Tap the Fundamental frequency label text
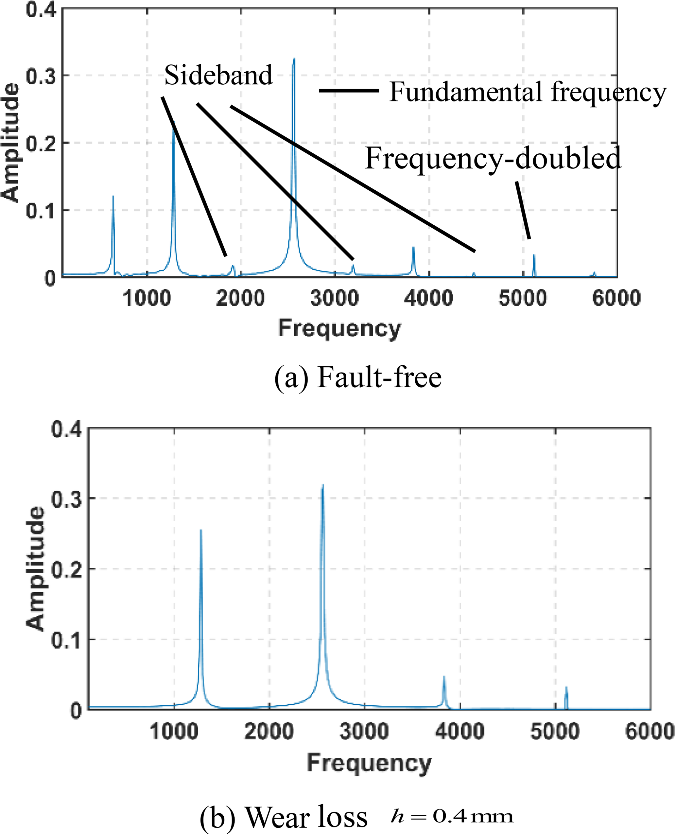(528, 93)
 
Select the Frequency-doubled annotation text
(493, 159)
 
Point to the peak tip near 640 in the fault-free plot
(113, 197)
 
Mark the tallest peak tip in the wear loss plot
(323, 485)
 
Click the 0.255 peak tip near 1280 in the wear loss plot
(201, 530)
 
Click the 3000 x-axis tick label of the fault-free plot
(335, 299)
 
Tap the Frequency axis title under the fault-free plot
(339, 328)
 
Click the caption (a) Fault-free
(358, 377)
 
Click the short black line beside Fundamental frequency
(349, 91)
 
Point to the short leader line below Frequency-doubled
(523, 210)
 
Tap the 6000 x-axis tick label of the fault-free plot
(616, 299)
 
